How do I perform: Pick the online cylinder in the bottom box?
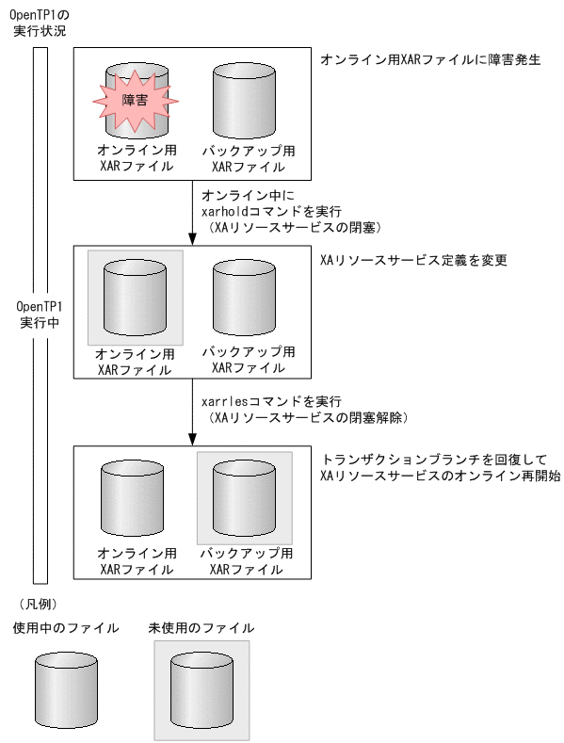click(135, 497)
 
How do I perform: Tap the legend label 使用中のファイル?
click(65, 627)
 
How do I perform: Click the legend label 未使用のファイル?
click(201, 627)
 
